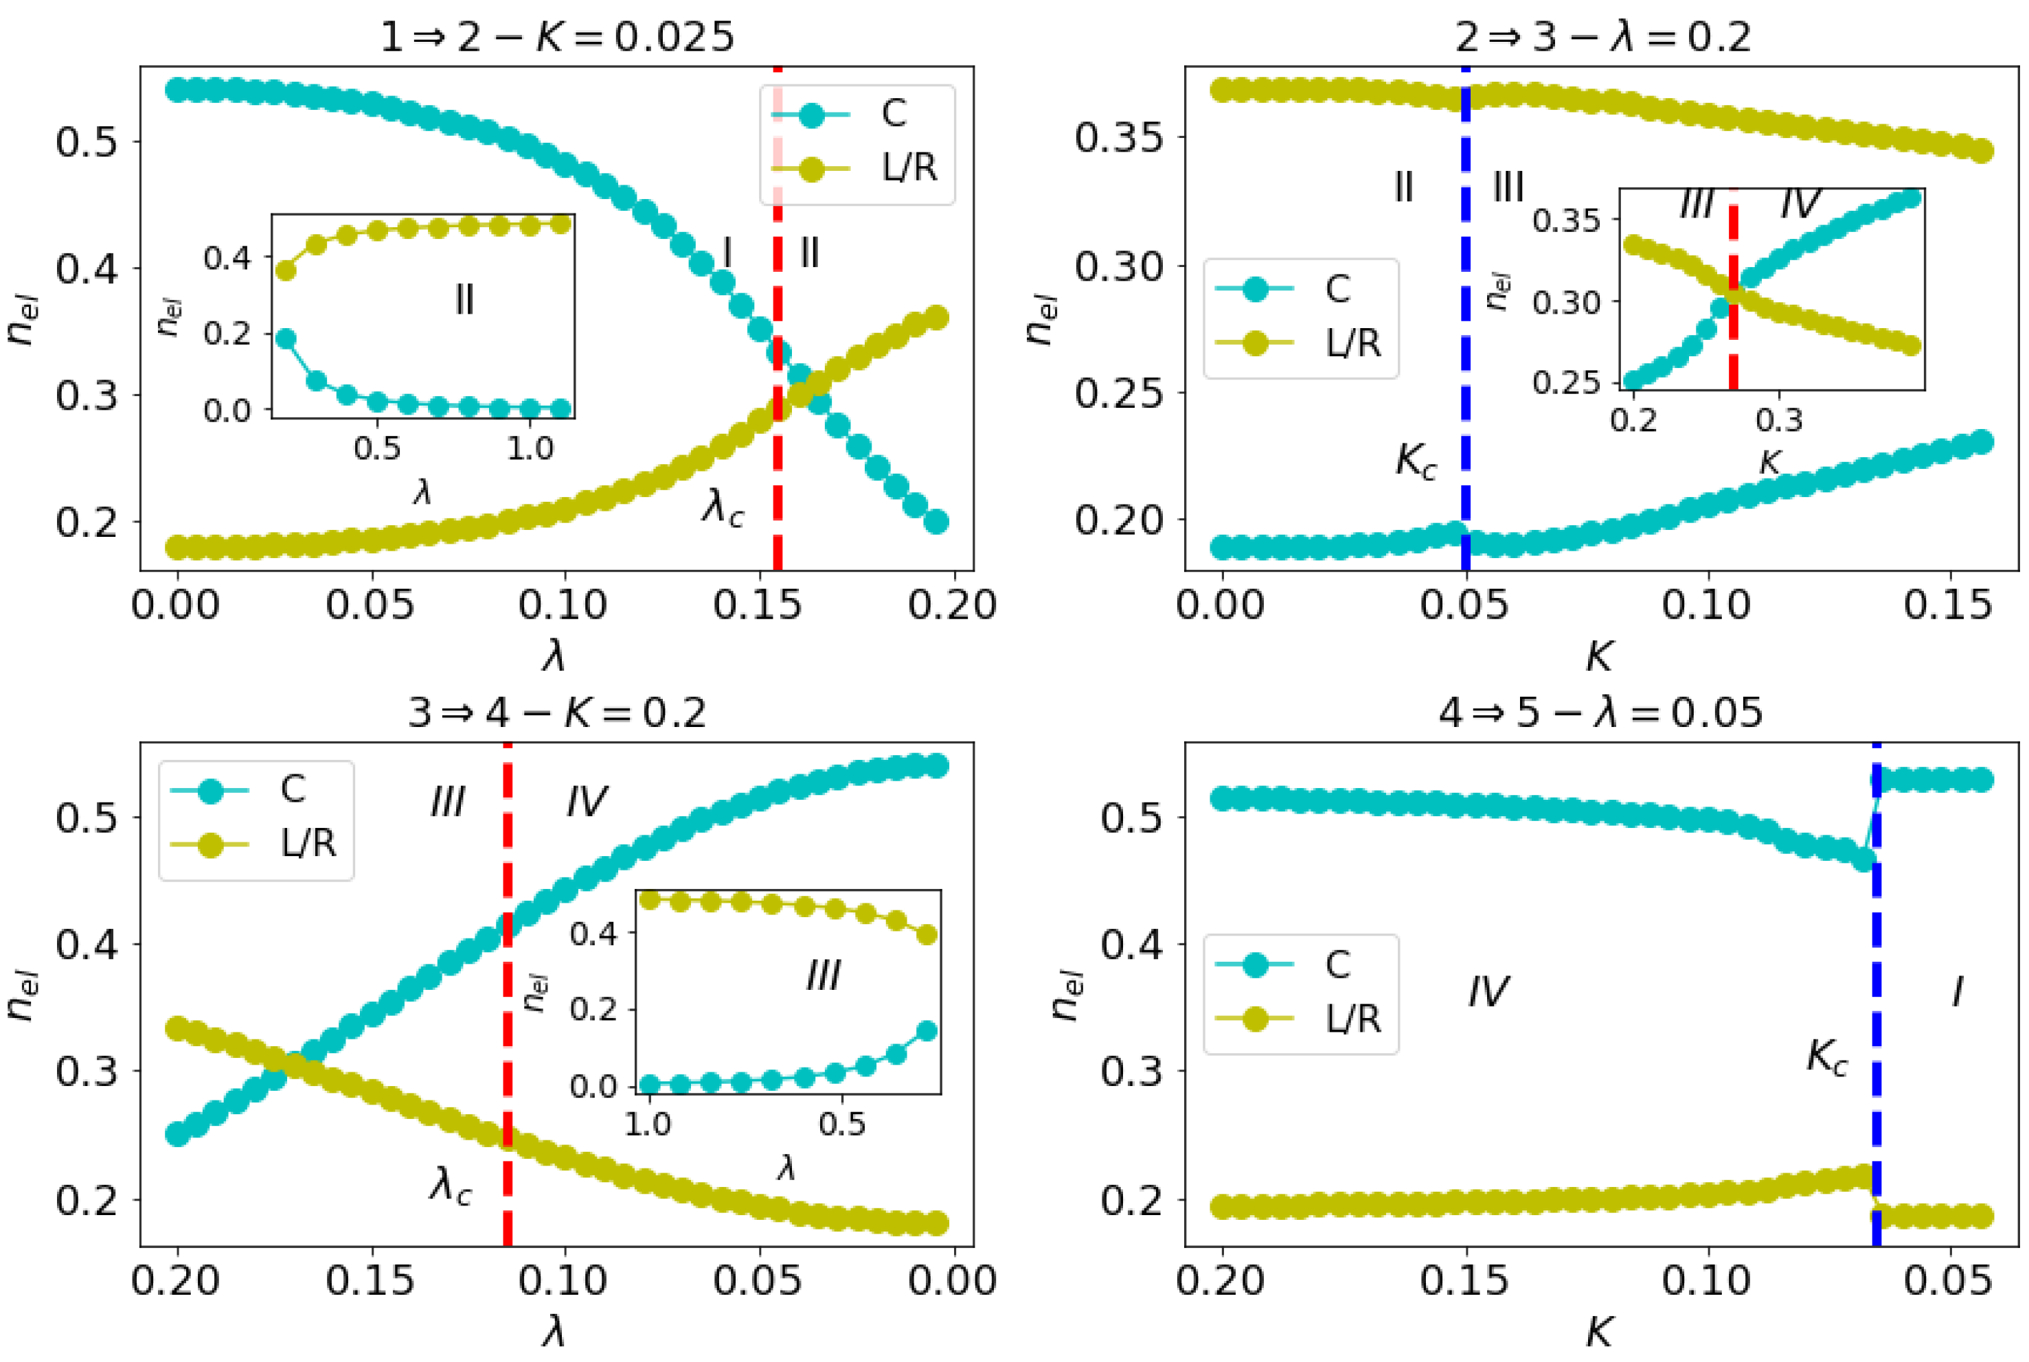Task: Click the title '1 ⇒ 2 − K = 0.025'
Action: (557, 37)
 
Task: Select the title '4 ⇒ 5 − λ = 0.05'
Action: (1600, 713)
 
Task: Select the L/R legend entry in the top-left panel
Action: (909, 168)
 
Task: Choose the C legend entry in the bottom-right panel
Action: (1337, 964)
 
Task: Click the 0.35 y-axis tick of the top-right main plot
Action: (1118, 137)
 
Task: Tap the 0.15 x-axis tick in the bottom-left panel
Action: (370, 1280)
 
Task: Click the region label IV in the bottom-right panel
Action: (1488, 991)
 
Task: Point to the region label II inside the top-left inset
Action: (464, 301)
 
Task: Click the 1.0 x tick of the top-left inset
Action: (530, 449)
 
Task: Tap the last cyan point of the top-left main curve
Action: (936, 522)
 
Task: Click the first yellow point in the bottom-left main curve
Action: (178, 1028)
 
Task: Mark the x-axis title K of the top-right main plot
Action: (1600, 658)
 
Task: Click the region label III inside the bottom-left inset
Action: (822, 976)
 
